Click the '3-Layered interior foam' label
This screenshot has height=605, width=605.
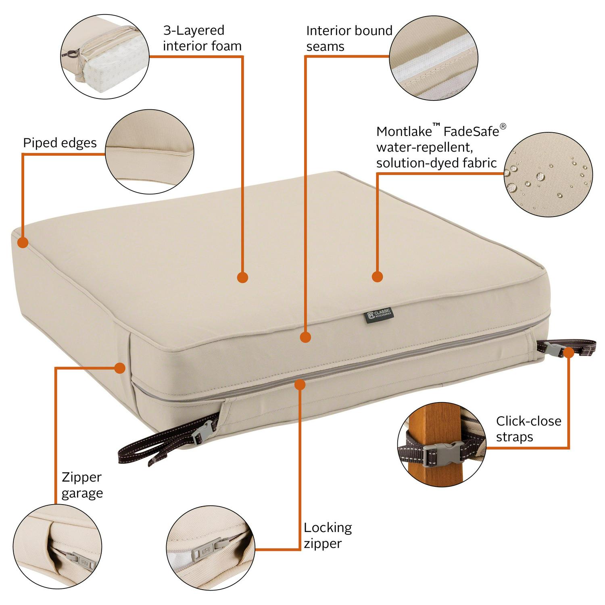click(202, 38)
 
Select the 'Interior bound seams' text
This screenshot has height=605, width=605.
click(349, 38)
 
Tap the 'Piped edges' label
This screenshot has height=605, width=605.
click(60, 143)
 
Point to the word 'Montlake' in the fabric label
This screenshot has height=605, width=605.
click(404, 131)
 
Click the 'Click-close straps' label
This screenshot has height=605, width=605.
click(529, 429)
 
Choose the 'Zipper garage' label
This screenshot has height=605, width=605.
click(82, 485)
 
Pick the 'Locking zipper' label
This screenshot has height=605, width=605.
click(328, 535)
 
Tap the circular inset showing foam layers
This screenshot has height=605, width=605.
click(105, 57)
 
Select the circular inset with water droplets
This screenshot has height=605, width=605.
click(548, 174)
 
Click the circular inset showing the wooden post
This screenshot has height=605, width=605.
click(442, 444)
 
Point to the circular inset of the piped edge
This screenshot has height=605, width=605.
click(150, 152)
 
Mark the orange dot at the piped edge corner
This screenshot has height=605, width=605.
click(23, 242)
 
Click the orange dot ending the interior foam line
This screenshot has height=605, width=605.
click(242, 277)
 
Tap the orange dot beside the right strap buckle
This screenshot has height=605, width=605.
click(569, 353)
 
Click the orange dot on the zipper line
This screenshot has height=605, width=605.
click(300, 384)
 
